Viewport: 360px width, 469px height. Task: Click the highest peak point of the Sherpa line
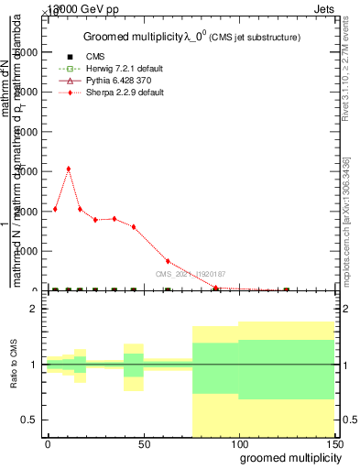click(x=69, y=169)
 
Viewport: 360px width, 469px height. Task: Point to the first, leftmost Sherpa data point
click(x=55, y=209)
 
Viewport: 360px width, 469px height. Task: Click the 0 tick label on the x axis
click(x=48, y=442)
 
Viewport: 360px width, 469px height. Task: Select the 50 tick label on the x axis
click(x=143, y=442)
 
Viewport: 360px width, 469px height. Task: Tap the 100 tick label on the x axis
click(x=238, y=442)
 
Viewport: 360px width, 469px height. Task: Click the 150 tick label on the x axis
click(x=333, y=442)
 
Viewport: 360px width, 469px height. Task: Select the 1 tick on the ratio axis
click(x=33, y=365)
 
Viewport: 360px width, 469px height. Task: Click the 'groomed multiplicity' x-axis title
click(x=286, y=457)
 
